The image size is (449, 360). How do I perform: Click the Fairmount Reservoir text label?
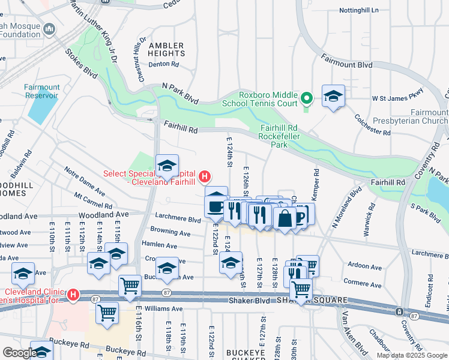click(42, 91)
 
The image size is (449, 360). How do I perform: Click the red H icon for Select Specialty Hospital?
click(205, 177)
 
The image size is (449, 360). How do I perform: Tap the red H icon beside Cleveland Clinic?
click(73, 295)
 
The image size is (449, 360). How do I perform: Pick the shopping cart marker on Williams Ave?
click(107, 313)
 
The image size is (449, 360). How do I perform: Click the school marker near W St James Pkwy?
click(333, 97)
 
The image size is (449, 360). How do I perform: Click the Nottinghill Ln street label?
click(359, 11)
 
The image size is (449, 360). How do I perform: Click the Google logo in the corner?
click(20, 353)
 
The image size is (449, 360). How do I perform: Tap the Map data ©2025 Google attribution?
click(411, 355)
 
